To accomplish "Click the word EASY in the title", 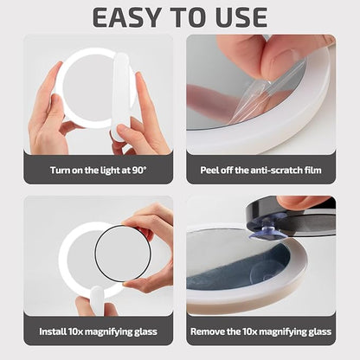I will [x=125, y=16].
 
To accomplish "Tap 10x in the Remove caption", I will [x=260, y=331].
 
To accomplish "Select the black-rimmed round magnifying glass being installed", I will [x=122, y=253].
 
